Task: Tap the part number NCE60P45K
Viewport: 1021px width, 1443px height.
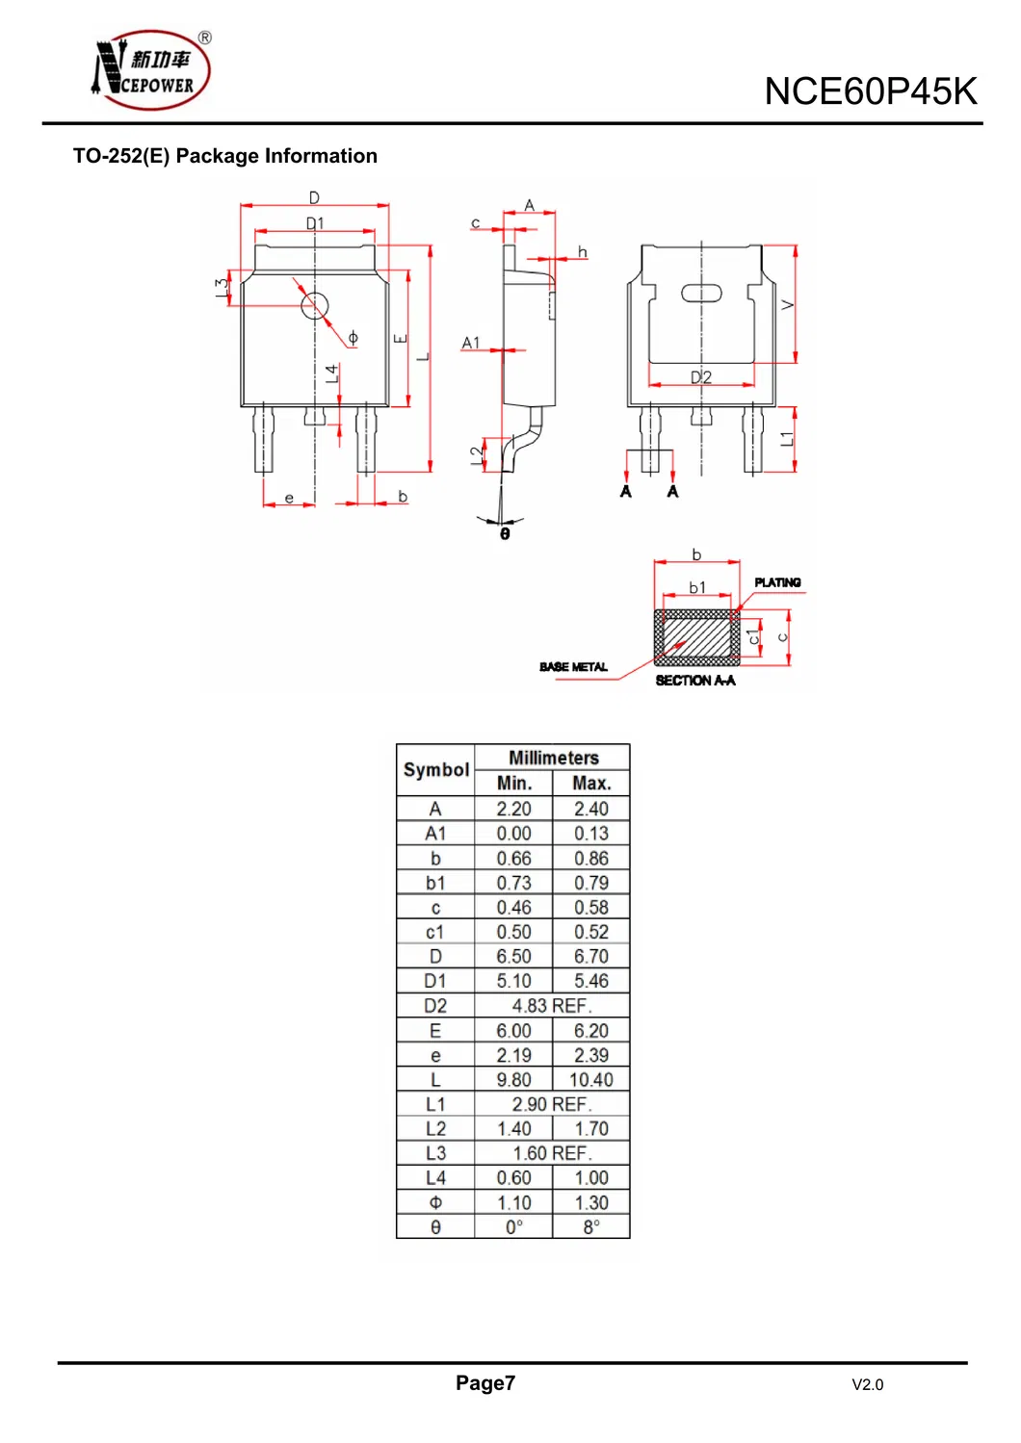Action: click(x=870, y=91)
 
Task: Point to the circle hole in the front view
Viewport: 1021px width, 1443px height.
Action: click(x=315, y=306)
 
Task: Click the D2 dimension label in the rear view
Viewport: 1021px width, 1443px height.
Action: click(x=701, y=377)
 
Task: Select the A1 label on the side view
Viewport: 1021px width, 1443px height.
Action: click(x=470, y=343)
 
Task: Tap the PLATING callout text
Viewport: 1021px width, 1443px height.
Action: click(x=777, y=582)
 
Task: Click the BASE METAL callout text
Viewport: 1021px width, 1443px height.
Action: click(x=573, y=666)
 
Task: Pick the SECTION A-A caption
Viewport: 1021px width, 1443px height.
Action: click(x=694, y=681)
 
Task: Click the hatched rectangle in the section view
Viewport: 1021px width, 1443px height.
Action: click(x=697, y=637)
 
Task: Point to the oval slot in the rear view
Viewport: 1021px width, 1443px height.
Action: click(x=701, y=294)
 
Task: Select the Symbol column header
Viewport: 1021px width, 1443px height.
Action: click(x=436, y=770)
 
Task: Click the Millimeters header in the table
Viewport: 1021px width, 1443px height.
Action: click(x=553, y=758)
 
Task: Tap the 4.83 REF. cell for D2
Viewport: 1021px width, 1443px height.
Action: click(x=552, y=1006)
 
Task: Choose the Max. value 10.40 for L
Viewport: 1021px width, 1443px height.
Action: click(x=591, y=1080)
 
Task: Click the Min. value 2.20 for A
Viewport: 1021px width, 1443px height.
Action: click(x=513, y=810)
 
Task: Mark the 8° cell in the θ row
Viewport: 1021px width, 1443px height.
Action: click(x=591, y=1227)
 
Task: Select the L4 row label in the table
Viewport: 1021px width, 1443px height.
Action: click(x=435, y=1178)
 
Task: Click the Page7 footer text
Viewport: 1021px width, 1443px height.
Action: click(x=485, y=1383)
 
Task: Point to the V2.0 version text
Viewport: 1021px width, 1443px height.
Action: click(x=867, y=1384)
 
